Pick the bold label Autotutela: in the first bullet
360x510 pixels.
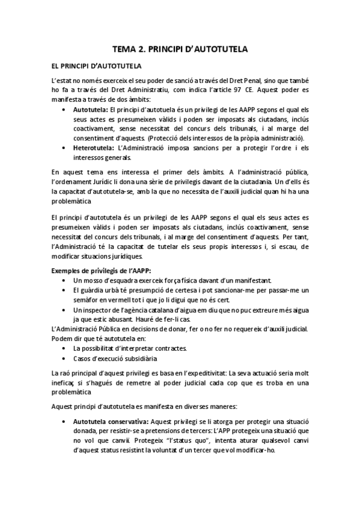91,111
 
